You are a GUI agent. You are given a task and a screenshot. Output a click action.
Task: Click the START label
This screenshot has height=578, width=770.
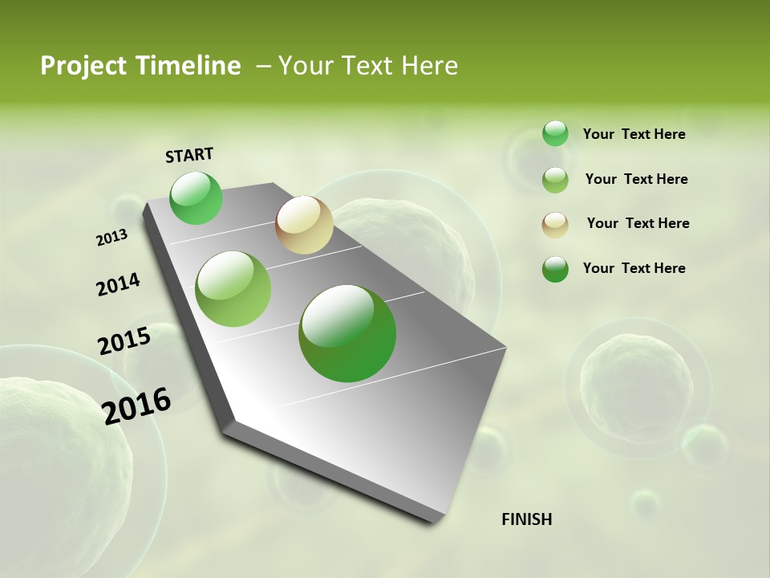point(189,155)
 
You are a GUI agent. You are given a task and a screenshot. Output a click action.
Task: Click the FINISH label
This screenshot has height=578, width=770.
point(526,519)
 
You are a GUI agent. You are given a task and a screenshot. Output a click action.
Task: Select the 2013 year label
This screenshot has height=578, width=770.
point(112,238)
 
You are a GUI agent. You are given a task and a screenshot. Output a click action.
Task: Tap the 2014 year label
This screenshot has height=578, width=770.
point(118,284)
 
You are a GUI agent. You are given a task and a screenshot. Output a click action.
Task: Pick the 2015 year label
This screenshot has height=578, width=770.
point(124,341)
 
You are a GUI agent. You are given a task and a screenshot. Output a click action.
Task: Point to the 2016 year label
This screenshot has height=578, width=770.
point(137,405)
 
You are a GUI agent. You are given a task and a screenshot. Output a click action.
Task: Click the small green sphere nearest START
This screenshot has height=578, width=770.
point(197,198)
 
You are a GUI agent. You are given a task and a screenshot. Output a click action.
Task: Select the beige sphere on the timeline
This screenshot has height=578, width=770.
point(304,225)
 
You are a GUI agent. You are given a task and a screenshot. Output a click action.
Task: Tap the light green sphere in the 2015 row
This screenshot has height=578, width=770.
point(233,289)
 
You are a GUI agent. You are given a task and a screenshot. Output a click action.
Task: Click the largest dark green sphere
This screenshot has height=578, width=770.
point(347,333)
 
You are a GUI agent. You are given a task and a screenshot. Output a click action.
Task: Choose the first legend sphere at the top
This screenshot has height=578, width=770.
point(555,133)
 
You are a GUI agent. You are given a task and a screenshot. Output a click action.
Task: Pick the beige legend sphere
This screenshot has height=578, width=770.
point(555,224)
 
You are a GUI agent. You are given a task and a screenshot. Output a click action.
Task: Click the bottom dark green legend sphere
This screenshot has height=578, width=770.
point(555,269)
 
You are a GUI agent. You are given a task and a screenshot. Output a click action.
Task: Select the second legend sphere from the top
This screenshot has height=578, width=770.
point(555,179)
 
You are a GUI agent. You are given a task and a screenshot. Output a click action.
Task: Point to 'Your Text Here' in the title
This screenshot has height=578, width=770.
point(368,66)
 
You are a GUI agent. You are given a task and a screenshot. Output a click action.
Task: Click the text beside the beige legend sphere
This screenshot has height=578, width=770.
point(638,223)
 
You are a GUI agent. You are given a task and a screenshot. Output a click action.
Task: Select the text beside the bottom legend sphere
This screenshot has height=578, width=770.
point(634,268)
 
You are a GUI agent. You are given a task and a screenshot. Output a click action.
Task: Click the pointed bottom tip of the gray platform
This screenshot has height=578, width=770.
point(434,522)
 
